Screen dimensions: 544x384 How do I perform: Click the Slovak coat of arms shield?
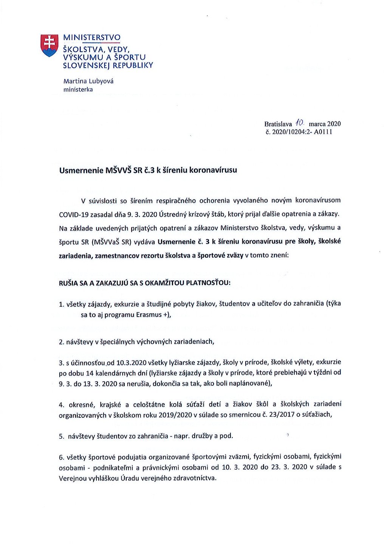50,45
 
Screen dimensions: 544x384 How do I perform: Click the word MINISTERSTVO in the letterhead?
92,37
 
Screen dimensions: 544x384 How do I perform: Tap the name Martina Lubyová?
88,81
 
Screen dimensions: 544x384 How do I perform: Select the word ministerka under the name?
78,90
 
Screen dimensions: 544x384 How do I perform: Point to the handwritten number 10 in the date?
300,122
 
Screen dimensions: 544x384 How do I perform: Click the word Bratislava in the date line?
278,124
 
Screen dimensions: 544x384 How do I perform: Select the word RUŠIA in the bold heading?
68,283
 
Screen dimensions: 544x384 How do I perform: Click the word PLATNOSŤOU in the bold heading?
208,283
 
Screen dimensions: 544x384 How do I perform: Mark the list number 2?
61,342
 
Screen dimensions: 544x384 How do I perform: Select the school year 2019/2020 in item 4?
175,414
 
